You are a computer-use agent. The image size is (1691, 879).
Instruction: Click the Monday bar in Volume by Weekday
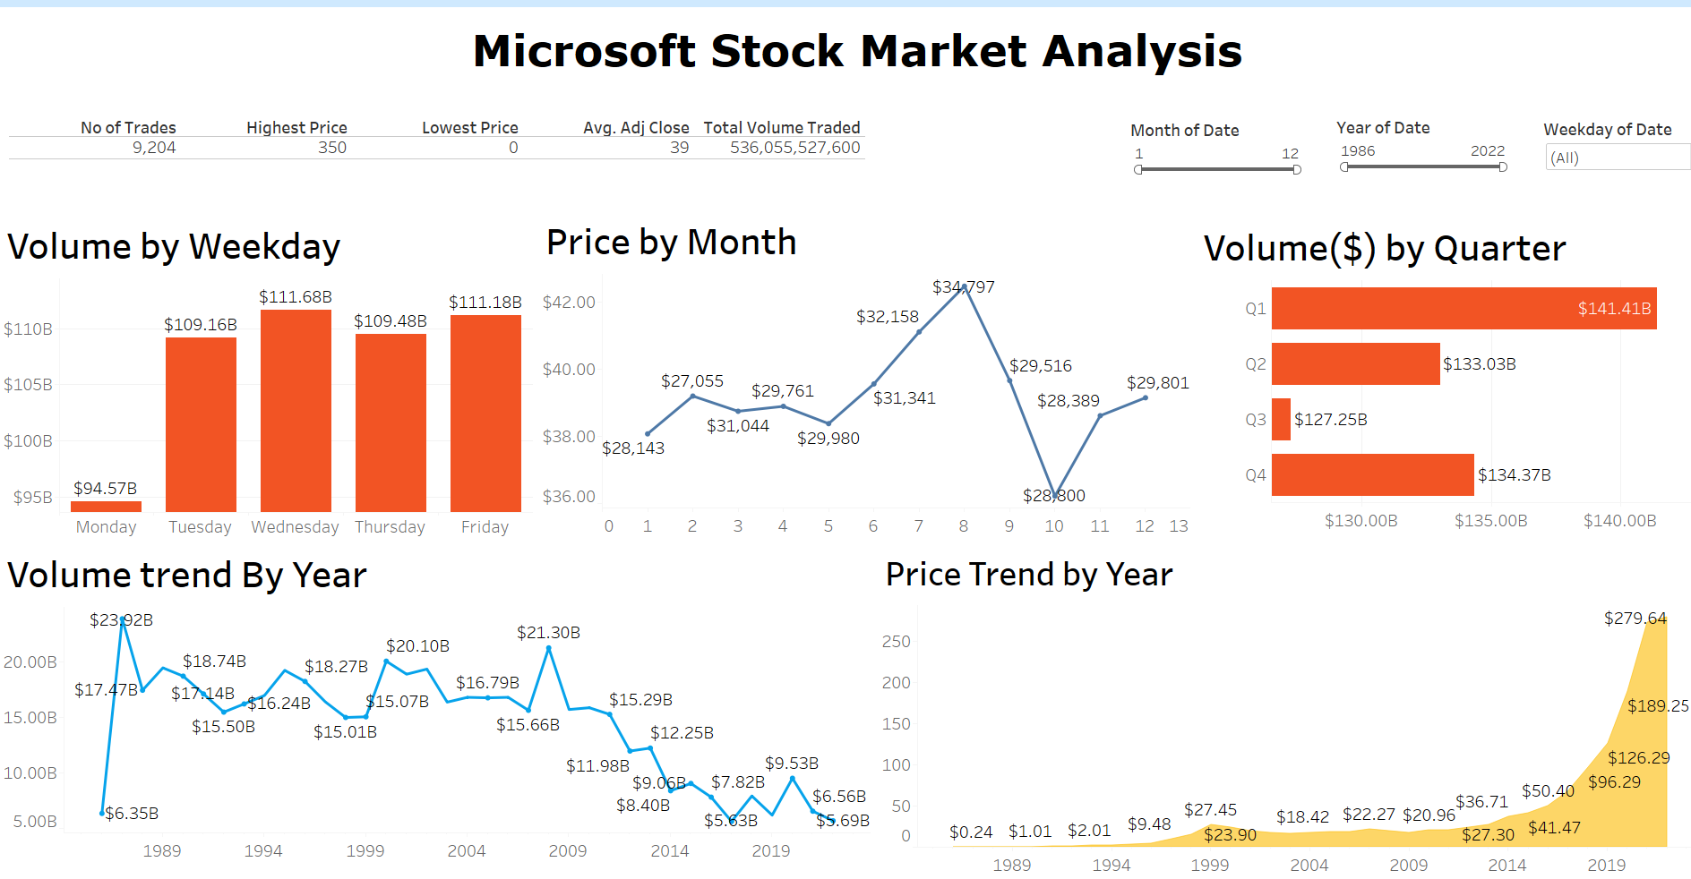[106, 507]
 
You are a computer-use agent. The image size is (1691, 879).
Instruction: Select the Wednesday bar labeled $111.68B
[296, 411]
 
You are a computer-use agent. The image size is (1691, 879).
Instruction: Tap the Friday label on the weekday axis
[485, 527]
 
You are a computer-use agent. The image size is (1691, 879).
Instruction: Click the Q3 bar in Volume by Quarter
[1281, 419]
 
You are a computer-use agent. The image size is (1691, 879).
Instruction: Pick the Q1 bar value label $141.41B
[1614, 309]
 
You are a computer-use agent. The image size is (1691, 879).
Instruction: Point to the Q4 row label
[1256, 475]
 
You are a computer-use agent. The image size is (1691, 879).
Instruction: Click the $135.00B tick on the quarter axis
[1490, 521]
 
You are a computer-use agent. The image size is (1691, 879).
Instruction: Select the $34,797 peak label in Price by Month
[964, 287]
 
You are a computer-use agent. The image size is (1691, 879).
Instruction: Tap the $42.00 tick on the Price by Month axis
[569, 303]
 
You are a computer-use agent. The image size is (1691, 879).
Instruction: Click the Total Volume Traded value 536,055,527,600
[795, 148]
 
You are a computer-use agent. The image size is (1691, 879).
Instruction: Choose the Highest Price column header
[296, 128]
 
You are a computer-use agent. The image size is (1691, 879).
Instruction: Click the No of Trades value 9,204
[154, 148]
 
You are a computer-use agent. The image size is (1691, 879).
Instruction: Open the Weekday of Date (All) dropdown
[1618, 158]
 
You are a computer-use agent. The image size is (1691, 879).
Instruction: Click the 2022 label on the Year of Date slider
[1488, 151]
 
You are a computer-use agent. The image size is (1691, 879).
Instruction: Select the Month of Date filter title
[1185, 131]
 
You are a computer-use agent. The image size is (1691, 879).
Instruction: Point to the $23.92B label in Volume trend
[121, 620]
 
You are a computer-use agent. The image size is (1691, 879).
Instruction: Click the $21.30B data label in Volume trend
[548, 633]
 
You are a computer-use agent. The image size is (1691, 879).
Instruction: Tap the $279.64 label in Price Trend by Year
[1635, 619]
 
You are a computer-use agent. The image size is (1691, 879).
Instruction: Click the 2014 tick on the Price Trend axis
[1507, 866]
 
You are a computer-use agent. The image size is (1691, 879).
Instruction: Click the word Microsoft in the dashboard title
[584, 51]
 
